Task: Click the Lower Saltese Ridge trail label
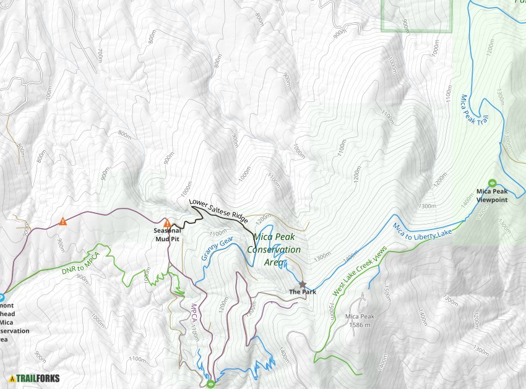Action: coord(218,211)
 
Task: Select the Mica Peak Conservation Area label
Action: coord(270,250)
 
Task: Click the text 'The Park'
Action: coord(303,292)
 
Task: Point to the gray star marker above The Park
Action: coord(303,284)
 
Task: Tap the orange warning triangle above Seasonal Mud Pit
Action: coord(166,223)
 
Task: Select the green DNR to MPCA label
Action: coord(81,262)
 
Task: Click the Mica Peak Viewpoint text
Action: coord(492,195)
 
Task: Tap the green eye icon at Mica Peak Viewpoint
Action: coord(492,183)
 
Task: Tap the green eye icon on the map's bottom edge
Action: coord(211,384)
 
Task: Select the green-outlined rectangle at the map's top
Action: coord(416,15)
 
